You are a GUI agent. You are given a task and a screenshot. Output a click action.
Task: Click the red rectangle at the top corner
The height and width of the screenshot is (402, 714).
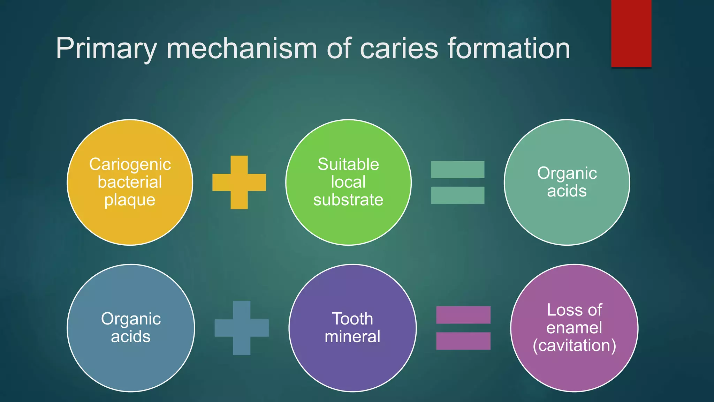631,33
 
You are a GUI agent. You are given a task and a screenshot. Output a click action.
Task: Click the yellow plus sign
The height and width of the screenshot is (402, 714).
239,182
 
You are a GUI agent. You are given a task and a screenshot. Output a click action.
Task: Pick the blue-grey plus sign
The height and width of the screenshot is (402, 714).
242,328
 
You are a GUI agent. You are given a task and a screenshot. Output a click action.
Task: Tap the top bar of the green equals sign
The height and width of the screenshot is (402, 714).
457,170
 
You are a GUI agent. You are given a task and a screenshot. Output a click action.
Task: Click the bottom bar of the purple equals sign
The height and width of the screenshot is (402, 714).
463,341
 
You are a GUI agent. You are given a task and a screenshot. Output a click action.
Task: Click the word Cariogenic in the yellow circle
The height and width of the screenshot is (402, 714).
130,164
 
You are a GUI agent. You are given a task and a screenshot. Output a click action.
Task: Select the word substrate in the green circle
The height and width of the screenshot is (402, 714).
348,200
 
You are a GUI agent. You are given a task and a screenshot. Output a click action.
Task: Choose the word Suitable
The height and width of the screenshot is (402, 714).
348,164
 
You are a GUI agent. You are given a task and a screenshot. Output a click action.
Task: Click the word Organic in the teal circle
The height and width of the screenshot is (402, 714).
567,173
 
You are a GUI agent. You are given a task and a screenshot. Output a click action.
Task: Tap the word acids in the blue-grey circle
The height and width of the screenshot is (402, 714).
131,337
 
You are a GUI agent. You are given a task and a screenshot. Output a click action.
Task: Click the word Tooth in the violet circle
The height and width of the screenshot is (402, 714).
352,319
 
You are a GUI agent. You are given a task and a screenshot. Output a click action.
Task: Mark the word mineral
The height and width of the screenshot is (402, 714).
352,337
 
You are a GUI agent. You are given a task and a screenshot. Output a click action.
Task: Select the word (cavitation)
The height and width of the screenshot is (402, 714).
574,345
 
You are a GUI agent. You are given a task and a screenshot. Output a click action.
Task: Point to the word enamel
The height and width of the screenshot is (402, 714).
574,328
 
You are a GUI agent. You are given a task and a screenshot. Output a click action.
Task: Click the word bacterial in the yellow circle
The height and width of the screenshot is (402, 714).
130,182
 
